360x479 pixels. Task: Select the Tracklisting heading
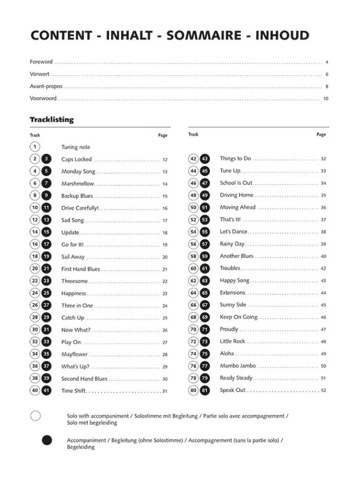(x=52, y=120)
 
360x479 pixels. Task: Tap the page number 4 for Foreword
(x=327, y=62)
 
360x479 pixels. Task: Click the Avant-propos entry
(x=46, y=87)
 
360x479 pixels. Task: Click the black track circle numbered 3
(x=46, y=159)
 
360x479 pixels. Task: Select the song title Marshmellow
(x=78, y=184)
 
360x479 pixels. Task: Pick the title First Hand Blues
(x=81, y=269)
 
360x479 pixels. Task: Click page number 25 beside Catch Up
(x=165, y=318)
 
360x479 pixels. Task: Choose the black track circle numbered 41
(x=46, y=391)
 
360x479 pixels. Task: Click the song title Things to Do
(x=235, y=159)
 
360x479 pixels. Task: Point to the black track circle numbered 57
(x=205, y=244)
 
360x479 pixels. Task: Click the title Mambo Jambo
(x=238, y=366)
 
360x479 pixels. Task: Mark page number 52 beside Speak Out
(x=323, y=391)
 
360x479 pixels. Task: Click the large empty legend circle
(x=35, y=416)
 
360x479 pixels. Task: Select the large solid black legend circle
(x=46, y=440)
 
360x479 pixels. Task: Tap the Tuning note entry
(x=76, y=147)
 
